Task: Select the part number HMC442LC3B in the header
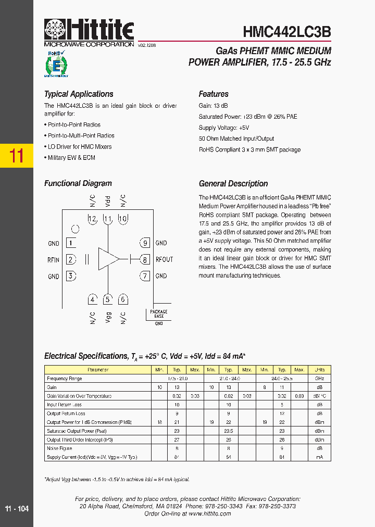pos(286,31)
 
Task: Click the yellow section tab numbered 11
pos(17,156)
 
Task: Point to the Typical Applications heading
pos(79,94)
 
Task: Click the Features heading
pos(214,94)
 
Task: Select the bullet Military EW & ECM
pos(71,158)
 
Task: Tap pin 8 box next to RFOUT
pos(145,259)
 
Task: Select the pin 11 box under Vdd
pos(107,219)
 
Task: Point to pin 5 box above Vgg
pos(107,299)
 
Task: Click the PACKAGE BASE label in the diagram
pos(159,314)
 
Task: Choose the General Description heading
pos(233,184)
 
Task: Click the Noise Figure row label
pos(59,448)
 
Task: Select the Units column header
pos(319,370)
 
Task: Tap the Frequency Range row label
pos(64,379)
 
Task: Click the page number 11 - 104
pos(17,509)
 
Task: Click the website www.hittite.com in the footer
pos(209,513)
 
